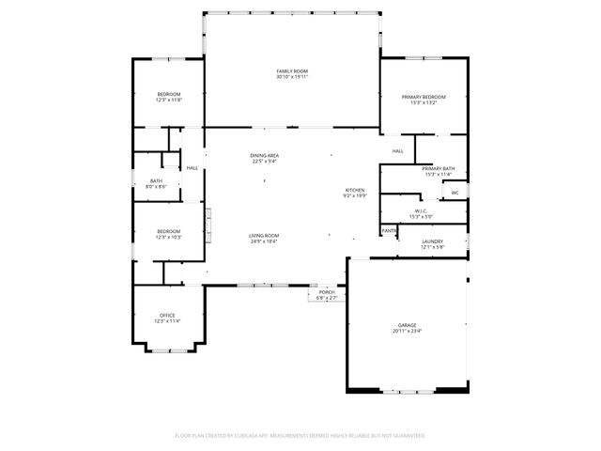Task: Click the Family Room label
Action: [x=292, y=71]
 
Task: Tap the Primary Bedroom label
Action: [x=424, y=97]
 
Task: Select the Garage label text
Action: [x=408, y=325]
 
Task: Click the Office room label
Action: [x=167, y=315]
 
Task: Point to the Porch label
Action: [x=327, y=292]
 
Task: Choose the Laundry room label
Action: [x=433, y=241]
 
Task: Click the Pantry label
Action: [x=389, y=231]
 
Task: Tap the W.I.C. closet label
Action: [x=422, y=210]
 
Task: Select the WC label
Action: [x=455, y=194]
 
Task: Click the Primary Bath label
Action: [x=439, y=167]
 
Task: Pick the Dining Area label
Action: [x=264, y=155]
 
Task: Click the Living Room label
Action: [x=264, y=236]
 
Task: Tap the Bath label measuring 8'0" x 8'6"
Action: [x=156, y=180]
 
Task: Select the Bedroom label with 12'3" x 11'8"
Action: [x=168, y=94]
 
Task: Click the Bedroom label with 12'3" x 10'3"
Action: [x=168, y=231]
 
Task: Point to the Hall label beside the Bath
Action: [x=193, y=168]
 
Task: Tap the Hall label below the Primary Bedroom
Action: [x=398, y=150]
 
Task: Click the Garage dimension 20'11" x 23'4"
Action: [x=408, y=331]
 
